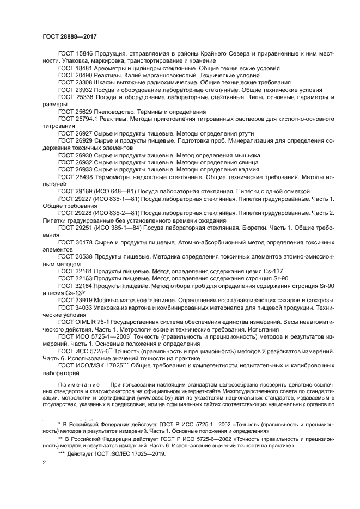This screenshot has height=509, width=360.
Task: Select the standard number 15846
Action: click(85, 55)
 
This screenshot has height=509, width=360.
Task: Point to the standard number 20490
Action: click(85, 76)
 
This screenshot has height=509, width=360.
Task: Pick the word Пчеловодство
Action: click(117, 111)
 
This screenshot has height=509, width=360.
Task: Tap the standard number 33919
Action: click(85, 300)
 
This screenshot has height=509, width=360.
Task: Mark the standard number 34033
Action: click(85, 308)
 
